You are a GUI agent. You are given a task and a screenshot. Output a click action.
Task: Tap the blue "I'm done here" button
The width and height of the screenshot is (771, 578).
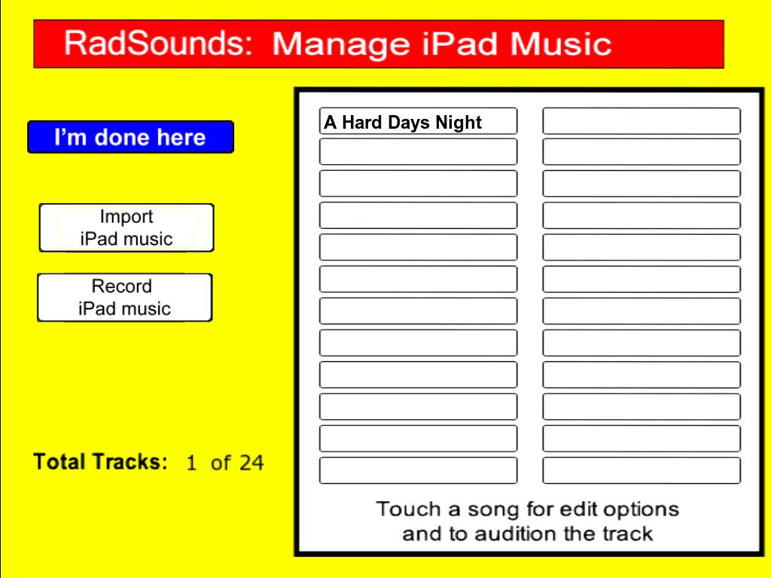click(x=130, y=137)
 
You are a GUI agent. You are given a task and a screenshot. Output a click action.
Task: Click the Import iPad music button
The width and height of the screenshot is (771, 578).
click(x=126, y=227)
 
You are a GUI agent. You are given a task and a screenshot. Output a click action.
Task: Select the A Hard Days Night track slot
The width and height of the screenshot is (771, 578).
click(x=418, y=121)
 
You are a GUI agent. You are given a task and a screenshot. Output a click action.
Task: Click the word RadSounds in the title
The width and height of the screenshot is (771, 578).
click(x=158, y=43)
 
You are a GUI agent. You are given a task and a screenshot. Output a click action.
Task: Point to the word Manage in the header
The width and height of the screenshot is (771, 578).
click(x=341, y=44)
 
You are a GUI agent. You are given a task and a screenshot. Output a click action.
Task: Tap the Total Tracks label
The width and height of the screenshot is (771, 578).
click(x=100, y=462)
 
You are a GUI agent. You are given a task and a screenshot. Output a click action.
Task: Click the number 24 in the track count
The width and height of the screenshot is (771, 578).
click(x=251, y=463)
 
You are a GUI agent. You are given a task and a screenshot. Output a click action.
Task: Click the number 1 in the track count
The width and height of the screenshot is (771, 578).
click(x=192, y=463)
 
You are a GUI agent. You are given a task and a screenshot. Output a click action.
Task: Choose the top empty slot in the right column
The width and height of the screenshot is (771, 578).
click(x=641, y=121)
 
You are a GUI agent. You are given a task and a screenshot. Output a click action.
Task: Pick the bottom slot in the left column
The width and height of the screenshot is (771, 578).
click(x=418, y=470)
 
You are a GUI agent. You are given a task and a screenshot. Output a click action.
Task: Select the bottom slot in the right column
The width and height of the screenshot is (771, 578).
click(x=641, y=470)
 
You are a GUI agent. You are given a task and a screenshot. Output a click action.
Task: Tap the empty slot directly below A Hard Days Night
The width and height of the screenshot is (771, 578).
click(x=418, y=152)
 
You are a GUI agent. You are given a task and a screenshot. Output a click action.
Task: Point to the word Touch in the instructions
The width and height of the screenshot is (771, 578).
click(x=408, y=510)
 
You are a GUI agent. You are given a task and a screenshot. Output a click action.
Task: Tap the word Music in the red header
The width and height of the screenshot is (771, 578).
click(x=560, y=44)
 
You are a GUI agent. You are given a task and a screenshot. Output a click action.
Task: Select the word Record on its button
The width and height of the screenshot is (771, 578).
click(x=121, y=286)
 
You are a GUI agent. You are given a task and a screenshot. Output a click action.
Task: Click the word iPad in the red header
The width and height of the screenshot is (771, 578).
click(x=459, y=44)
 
